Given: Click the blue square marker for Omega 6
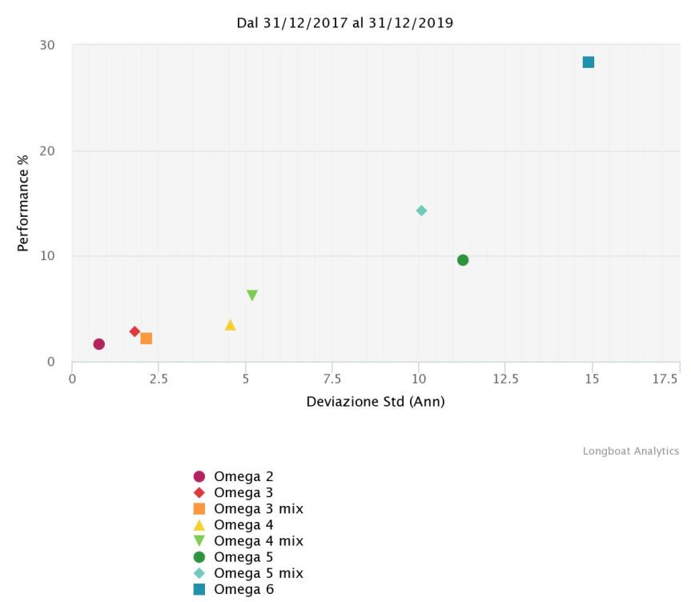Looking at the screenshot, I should point(589,62).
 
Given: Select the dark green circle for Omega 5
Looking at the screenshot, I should point(463,260).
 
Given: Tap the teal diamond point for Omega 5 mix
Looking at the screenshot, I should point(421,211).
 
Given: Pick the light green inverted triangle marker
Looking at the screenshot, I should point(252,295).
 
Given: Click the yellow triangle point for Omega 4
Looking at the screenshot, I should point(231,325).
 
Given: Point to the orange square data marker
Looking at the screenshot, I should point(147,339).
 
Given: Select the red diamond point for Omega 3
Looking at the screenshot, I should point(135,331).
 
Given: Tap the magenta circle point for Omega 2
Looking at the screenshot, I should point(99,344).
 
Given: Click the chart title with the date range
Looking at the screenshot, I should point(345,23).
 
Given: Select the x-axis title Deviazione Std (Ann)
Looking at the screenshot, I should point(376,401).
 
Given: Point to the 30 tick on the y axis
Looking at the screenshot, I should point(47,45).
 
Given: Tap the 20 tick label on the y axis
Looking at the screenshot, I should point(47,150).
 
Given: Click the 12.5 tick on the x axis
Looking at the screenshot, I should point(505,377).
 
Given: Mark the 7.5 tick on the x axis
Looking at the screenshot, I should point(332,377).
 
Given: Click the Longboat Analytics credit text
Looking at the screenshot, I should point(630,451).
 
